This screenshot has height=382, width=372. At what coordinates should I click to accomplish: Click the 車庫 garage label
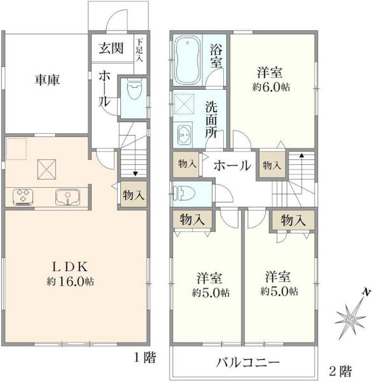tap(47, 80)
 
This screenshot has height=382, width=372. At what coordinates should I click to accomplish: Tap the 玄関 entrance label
tap(111, 48)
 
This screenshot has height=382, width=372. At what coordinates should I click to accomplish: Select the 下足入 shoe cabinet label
tap(139, 50)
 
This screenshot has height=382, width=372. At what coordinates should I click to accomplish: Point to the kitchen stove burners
tap(23, 197)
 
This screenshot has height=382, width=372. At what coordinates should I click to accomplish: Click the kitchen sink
tap(67, 197)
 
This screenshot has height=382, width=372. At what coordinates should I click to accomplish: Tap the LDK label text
tap(70, 267)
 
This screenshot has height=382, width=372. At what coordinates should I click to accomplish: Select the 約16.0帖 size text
tap(71, 281)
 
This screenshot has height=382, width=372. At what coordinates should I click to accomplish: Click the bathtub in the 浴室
tap(188, 60)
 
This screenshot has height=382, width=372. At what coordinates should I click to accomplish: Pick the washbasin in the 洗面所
tap(184, 135)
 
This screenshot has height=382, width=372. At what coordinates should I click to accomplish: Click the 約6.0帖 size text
tap(271, 87)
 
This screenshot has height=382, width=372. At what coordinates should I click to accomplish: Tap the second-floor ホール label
tap(232, 166)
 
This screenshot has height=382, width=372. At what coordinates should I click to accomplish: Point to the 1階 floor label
tap(145, 357)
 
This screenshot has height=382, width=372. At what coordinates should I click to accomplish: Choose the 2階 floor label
tap(340, 371)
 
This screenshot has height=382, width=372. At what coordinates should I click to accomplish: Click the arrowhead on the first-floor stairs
tap(135, 174)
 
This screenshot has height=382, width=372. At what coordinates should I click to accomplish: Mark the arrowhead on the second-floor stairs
tap(301, 155)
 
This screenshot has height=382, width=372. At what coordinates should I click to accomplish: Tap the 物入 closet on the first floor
tap(134, 195)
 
